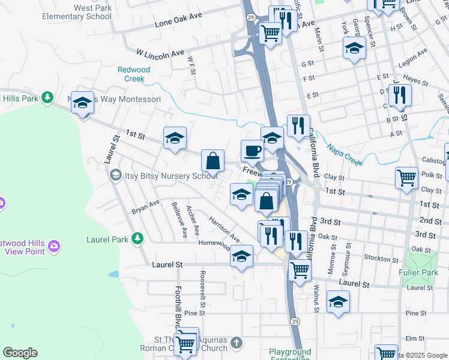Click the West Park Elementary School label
(77, 12)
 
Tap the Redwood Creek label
(130, 74)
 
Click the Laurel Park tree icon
(138, 239)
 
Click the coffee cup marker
(252, 150)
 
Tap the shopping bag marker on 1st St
(212, 161)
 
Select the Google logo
(20, 353)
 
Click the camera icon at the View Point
(55, 246)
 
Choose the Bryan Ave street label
(146, 207)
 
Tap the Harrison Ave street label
(224, 230)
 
